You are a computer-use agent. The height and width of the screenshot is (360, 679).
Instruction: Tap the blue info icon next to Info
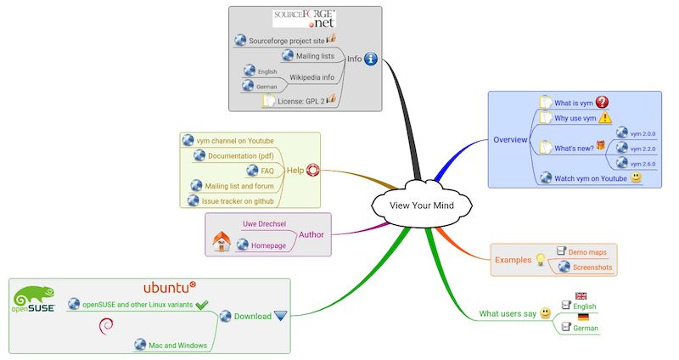[x=370, y=59]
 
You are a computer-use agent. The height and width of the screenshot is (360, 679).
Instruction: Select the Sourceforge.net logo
[x=305, y=20]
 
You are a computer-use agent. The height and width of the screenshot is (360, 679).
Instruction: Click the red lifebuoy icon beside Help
[x=312, y=170]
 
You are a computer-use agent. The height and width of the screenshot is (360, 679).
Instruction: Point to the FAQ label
[x=267, y=171]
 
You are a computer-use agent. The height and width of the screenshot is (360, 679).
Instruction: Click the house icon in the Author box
[x=221, y=242]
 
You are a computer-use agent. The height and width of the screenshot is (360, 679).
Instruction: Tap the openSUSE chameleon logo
[x=34, y=300]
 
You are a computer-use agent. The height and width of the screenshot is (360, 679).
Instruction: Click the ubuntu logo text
[x=169, y=286]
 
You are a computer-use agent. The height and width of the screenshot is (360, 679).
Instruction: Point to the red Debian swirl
[x=106, y=325]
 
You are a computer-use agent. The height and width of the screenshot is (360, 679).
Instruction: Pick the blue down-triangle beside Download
[x=280, y=317]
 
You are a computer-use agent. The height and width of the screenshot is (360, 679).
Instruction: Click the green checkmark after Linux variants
[x=202, y=304]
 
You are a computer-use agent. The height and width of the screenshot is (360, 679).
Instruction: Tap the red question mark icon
[x=603, y=102]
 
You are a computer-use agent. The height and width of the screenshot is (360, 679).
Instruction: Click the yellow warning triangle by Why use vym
[x=604, y=118]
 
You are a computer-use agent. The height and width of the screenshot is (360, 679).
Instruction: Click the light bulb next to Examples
[x=539, y=260]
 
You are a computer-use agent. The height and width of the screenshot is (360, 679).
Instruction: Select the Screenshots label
[x=591, y=267]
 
